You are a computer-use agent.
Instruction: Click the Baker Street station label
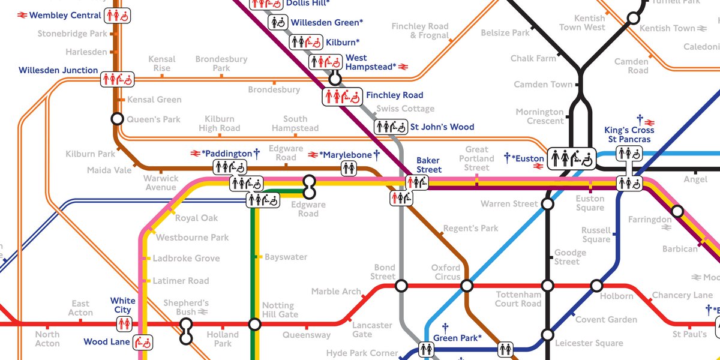(x=429, y=165)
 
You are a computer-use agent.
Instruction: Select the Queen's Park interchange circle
(x=117, y=119)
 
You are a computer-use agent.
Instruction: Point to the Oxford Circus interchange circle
(x=467, y=286)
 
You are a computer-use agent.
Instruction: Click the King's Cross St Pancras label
(x=629, y=135)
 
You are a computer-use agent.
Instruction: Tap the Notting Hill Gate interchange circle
(x=255, y=325)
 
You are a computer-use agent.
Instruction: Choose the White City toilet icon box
(x=124, y=324)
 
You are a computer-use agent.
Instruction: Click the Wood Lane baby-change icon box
(x=143, y=342)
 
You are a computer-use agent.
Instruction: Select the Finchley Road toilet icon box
(x=343, y=95)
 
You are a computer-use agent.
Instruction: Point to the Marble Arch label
(x=336, y=292)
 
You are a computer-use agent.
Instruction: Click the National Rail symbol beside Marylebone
(x=313, y=155)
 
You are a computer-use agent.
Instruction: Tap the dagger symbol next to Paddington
(x=256, y=154)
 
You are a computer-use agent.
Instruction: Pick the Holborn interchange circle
(x=596, y=286)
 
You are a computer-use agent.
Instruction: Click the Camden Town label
(x=543, y=85)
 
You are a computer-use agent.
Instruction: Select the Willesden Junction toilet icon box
(x=118, y=78)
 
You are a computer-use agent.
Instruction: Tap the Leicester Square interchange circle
(x=547, y=334)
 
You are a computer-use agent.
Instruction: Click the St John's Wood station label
(x=442, y=127)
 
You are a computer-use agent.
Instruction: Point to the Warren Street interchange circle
(x=547, y=204)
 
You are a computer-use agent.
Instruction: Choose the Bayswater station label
(x=286, y=257)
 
